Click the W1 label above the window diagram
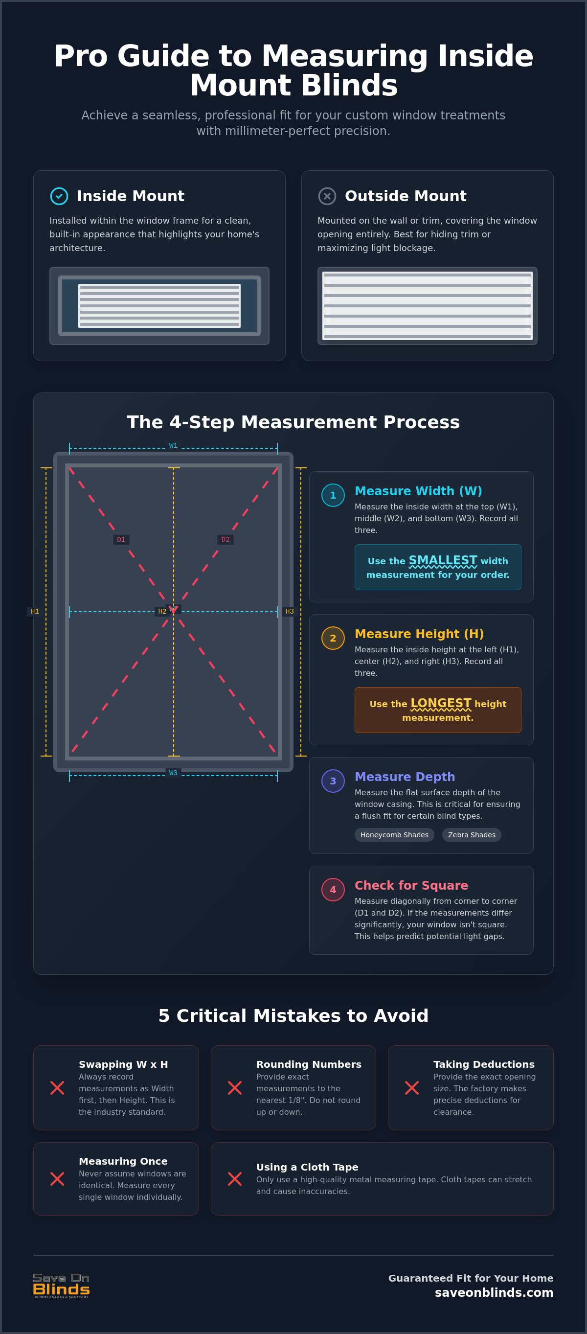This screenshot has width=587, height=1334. pyautogui.click(x=173, y=445)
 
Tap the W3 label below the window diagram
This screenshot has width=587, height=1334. pyautogui.click(x=173, y=773)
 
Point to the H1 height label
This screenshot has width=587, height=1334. pyautogui.click(x=35, y=611)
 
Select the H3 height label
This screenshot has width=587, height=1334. pyautogui.click(x=290, y=611)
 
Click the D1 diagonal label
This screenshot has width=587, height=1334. pyautogui.click(x=121, y=539)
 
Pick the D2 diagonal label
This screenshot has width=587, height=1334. pyautogui.click(x=225, y=539)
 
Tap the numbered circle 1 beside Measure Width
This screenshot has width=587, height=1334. pyautogui.click(x=333, y=495)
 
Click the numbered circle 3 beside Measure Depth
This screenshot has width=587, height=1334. pyautogui.click(x=333, y=781)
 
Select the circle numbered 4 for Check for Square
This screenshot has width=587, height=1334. pyautogui.click(x=333, y=890)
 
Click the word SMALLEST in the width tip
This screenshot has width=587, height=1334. pyautogui.click(x=443, y=560)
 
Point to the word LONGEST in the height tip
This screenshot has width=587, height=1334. pyautogui.click(x=441, y=703)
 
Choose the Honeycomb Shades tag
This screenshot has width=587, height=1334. pyautogui.click(x=394, y=835)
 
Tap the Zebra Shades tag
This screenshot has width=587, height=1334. pyautogui.click(x=472, y=835)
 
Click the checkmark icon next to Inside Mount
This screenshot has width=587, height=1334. pyautogui.click(x=59, y=196)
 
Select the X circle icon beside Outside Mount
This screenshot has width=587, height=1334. pyautogui.click(x=327, y=196)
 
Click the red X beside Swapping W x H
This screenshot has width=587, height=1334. pyautogui.click(x=57, y=1088)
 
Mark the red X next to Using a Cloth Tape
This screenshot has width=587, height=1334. pyautogui.click(x=234, y=1179)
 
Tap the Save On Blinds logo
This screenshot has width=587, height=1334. pyautogui.click(x=61, y=1286)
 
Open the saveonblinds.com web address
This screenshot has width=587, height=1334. pyautogui.click(x=494, y=1292)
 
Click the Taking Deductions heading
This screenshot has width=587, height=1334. pyautogui.click(x=484, y=1064)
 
